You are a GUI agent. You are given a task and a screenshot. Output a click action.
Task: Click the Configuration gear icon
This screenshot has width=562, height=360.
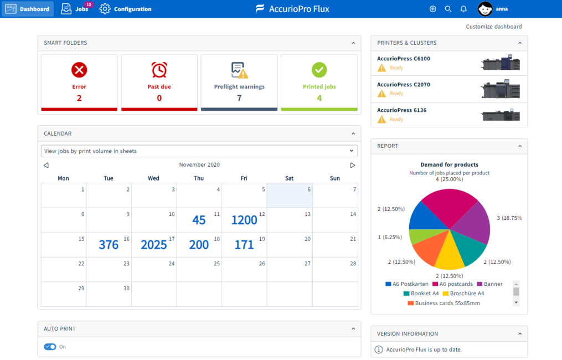(105, 9)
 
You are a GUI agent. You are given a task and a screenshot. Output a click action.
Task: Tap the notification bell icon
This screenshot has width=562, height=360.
(463, 9)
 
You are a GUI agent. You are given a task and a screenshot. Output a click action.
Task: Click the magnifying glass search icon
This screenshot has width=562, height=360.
(448, 9)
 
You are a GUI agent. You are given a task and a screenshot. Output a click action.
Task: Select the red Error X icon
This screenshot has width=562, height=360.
(79, 70)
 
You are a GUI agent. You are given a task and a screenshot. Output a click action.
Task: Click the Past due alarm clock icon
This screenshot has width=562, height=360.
(159, 70)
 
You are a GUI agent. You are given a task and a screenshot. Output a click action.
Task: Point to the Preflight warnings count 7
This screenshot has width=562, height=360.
(239, 98)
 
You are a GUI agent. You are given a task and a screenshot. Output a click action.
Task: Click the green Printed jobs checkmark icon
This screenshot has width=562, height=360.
(319, 70)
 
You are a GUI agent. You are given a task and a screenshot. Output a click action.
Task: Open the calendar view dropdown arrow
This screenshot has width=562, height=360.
(351, 151)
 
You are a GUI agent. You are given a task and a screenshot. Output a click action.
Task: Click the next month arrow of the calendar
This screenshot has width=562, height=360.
(353, 165)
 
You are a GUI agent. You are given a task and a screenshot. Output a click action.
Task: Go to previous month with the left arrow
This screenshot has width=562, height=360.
(47, 165)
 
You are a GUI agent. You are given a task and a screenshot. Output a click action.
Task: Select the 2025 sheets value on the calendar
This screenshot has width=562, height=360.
(154, 245)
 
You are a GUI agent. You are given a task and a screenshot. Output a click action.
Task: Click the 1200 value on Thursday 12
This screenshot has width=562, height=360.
(244, 220)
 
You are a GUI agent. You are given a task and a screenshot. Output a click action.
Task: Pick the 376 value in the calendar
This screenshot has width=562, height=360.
(109, 245)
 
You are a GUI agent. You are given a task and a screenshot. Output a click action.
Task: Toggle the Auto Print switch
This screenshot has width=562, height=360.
(50, 347)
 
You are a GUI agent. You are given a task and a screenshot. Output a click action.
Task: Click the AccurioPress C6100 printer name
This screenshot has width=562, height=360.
(404, 59)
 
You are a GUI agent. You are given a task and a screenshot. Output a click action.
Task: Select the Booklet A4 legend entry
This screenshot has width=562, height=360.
(421, 294)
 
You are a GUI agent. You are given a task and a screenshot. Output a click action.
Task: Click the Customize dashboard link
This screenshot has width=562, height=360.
(493, 27)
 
